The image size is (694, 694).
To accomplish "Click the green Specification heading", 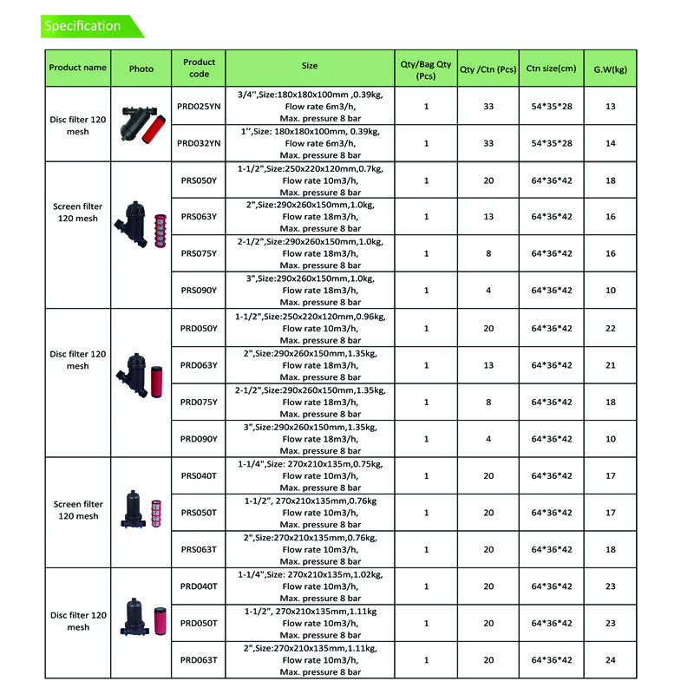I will click(83, 26).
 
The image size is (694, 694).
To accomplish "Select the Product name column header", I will click(78, 68).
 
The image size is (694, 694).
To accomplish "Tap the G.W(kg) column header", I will click(610, 68).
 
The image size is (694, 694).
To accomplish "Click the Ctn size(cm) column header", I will click(551, 68).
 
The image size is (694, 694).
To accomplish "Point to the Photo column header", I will click(141, 68).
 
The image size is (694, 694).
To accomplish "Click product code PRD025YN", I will click(200, 106).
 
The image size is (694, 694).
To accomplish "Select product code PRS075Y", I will click(200, 253).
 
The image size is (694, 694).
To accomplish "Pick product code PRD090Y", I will click(200, 439).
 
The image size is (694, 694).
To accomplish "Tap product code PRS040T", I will click(200, 475).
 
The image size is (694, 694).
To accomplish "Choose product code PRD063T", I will click(200, 660).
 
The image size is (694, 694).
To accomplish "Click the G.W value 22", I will click(610, 329).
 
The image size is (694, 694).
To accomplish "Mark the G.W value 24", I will click(610, 660).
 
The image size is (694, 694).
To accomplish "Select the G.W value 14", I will click(610, 143).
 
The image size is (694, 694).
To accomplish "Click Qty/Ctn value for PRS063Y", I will click(488, 217).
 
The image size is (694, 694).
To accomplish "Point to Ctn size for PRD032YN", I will click(551, 143).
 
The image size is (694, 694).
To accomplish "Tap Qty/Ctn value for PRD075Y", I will click(488, 403).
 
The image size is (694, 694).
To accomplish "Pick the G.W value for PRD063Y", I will click(610, 365).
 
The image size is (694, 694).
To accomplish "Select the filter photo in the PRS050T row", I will click(141, 513).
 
